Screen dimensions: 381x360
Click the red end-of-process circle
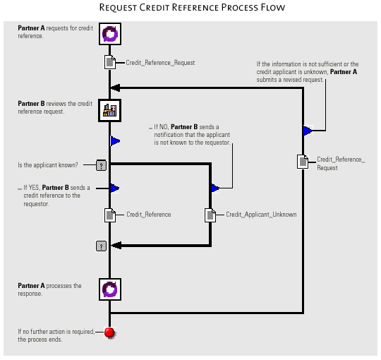click(109, 332)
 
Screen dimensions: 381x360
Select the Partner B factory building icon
click(110, 110)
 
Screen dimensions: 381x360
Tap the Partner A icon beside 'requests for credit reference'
click(110, 34)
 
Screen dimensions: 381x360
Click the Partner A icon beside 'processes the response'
click(110, 289)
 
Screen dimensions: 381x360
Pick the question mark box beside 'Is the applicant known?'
click(102, 165)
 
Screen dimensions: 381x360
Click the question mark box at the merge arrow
click(102, 246)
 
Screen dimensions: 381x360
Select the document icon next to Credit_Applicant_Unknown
click(210, 215)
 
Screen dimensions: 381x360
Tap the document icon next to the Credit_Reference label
click(110, 215)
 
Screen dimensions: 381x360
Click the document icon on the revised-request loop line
click(303, 162)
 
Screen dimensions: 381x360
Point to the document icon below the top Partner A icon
click(110, 62)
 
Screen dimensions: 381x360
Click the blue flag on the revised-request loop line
click(308, 131)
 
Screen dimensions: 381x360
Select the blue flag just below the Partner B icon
click(115, 140)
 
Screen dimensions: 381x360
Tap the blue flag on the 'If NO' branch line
click(215, 188)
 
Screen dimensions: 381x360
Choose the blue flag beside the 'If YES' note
click(115, 188)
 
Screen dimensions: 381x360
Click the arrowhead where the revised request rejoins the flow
click(115, 88)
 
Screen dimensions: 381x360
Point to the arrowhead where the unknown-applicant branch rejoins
click(116, 245)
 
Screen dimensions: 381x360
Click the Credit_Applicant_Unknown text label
click(261, 215)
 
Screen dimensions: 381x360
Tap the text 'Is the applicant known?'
click(48, 165)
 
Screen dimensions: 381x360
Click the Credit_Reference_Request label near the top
click(160, 63)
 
